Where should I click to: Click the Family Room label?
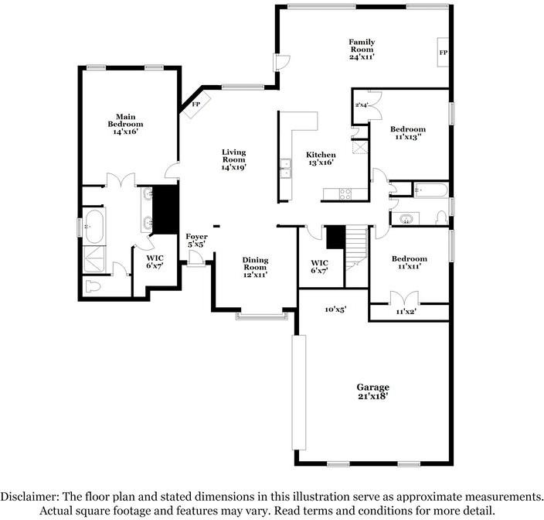(x=362, y=50)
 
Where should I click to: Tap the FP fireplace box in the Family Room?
(x=443, y=52)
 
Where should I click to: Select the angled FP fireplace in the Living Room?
(x=196, y=104)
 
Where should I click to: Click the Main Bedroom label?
(x=125, y=124)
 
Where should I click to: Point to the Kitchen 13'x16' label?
(x=321, y=159)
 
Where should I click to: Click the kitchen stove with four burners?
(x=345, y=194)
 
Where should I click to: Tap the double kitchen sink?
(x=286, y=168)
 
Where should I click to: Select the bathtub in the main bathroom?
(x=93, y=226)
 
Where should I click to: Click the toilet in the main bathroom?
(x=93, y=286)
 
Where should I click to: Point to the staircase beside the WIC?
(x=356, y=248)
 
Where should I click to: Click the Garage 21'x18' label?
(x=373, y=392)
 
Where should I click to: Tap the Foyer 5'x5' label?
(x=197, y=241)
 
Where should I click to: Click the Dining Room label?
(x=255, y=268)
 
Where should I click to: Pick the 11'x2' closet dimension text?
(x=406, y=312)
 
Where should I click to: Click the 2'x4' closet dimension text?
(x=361, y=104)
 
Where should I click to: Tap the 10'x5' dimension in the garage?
(x=336, y=309)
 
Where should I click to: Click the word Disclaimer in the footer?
(x=29, y=496)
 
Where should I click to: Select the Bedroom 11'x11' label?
(x=410, y=262)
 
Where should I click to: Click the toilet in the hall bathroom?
(x=442, y=217)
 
